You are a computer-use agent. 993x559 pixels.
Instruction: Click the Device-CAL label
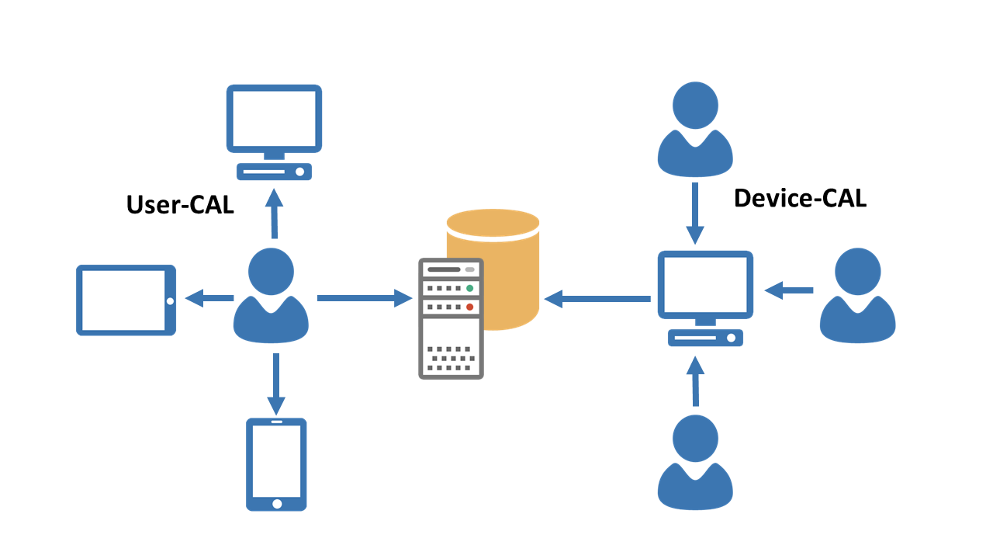pyautogui.click(x=800, y=199)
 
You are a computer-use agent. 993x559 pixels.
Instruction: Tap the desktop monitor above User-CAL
pyautogui.click(x=274, y=120)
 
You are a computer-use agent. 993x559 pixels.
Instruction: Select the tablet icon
pyautogui.click(x=126, y=300)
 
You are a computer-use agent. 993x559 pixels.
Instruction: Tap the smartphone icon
pyautogui.click(x=276, y=464)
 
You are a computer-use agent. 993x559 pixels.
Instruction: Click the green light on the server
pyautogui.click(x=469, y=288)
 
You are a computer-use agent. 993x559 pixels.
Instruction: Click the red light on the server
pyautogui.click(x=469, y=307)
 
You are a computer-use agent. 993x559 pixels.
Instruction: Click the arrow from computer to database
pyautogui.click(x=597, y=298)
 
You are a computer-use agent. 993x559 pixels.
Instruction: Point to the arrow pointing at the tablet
pyautogui.click(x=209, y=297)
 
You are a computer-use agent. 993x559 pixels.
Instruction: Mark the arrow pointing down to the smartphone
pyautogui.click(x=275, y=384)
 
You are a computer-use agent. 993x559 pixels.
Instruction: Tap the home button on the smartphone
pyautogui.click(x=277, y=504)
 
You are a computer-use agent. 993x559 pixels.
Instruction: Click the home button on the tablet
pyautogui.click(x=169, y=300)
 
